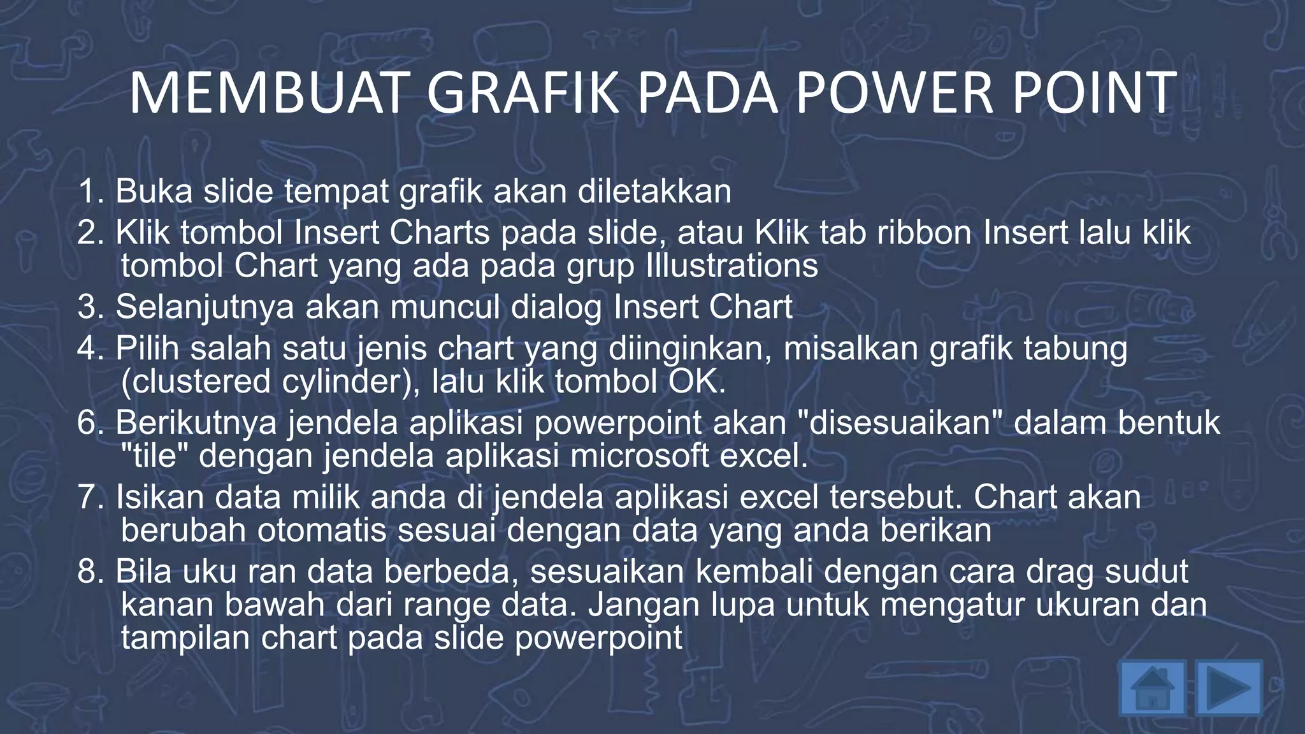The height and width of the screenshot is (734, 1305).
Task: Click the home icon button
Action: tap(1152, 688)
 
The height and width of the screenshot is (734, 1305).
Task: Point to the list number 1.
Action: tap(90, 191)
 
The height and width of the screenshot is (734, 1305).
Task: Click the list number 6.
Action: tap(90, 422)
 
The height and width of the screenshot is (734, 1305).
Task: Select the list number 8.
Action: tap(90, 571)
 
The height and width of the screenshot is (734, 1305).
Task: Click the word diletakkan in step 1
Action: tap(654, 191)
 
